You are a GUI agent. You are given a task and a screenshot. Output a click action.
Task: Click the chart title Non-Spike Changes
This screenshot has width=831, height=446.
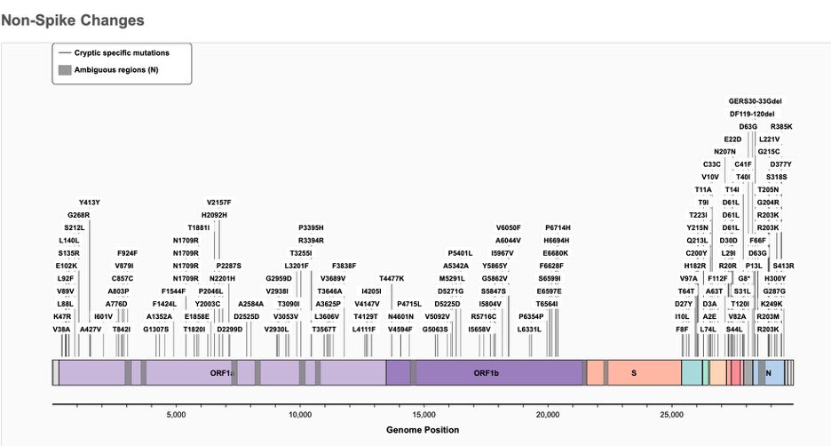click(x=73, y=19)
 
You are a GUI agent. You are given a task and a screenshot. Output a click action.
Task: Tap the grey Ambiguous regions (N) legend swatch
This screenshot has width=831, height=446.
click(x=63, y=69)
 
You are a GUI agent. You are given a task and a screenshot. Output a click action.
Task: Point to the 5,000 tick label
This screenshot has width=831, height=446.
click(x=176, y=414)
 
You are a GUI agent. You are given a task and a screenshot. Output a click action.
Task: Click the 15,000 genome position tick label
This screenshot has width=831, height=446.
click(x=423, y=414)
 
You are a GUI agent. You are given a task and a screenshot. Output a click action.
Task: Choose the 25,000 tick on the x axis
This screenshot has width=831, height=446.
click(x=672, y=414)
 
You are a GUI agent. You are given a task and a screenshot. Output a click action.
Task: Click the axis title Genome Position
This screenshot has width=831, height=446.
click(x=423, y=430)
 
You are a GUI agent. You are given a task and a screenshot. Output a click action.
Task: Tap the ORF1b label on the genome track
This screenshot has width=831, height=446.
click(x=487, y=373)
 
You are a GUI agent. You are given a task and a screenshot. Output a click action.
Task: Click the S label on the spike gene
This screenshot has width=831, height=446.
click(x=633, y=373)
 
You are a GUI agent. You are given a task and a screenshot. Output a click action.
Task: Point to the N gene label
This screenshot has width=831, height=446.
click(x=768, y=373)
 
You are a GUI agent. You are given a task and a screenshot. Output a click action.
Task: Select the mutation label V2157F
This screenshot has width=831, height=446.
click(x=218, y=203)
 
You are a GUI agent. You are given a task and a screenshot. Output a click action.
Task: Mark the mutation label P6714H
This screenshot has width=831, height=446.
click(x=558, y=227)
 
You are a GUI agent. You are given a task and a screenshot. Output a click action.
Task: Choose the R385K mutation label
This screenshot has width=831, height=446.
click(x=781, y=127)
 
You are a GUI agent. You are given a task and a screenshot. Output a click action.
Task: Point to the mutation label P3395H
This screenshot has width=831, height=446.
click(x=311, y=227)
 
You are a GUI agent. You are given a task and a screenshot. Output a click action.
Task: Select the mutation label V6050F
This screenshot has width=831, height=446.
click(x=509, y=227)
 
